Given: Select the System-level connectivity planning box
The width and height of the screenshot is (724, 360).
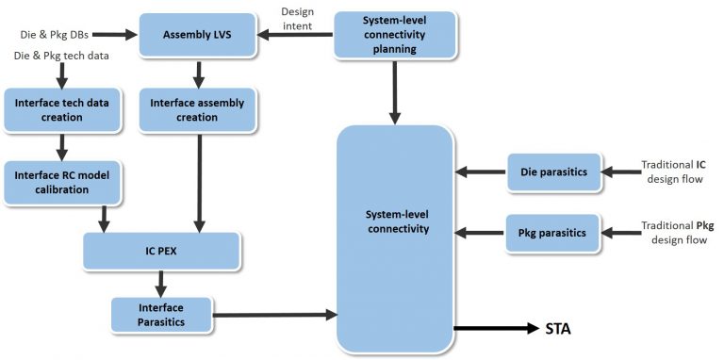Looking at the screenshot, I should [395, 35].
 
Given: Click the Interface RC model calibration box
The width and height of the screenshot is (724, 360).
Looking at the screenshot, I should [58, 181].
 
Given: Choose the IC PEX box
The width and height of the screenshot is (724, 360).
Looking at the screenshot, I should [161, 251].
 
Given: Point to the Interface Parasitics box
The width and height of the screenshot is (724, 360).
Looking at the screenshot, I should [159, 315].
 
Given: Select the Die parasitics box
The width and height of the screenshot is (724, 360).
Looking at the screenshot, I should [553, 172].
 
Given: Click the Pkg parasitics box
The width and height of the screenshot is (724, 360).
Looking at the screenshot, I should [553, 232].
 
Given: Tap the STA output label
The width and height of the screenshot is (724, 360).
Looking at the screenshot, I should [558, 329].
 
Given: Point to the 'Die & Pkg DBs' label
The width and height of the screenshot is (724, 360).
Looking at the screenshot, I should [53, 35].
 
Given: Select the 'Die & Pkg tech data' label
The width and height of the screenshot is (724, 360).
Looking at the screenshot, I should [61, 57].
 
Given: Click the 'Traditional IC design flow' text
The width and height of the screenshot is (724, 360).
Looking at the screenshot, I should [672, 172].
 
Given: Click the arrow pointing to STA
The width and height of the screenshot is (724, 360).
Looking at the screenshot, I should [494, 329].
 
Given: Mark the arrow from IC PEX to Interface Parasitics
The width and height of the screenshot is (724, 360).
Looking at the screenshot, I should [162, 281].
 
